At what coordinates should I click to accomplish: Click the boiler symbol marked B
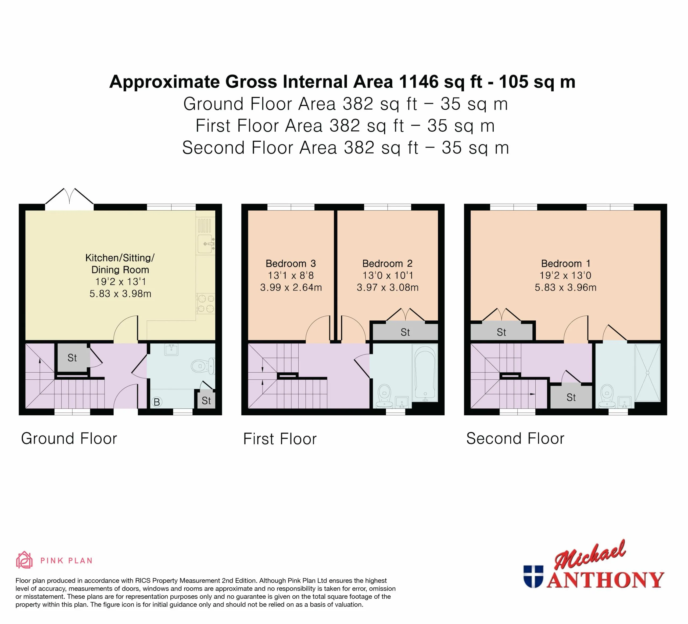157,402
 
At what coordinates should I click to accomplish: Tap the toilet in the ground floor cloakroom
203,366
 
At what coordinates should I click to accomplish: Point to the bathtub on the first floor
425,373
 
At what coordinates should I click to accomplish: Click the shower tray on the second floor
647,372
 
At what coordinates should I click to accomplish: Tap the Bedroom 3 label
291,263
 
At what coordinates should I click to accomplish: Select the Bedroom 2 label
387,263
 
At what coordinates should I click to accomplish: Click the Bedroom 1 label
565,263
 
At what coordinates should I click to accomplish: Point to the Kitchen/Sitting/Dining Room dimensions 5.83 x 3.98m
120,294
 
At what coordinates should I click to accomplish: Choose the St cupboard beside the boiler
206,400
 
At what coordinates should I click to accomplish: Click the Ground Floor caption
69,439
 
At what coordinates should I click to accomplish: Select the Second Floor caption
515,439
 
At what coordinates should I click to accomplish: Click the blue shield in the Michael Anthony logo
533,577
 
